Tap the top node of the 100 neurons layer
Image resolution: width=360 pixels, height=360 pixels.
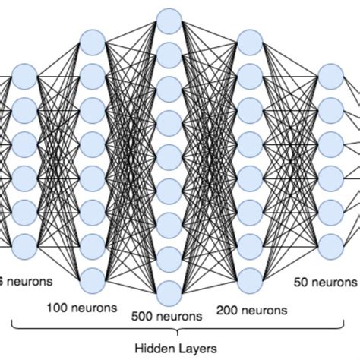pos(92,42)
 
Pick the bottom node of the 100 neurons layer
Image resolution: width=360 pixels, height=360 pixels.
pos(92,277)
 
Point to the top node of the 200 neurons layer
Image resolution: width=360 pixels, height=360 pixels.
pos(249,42)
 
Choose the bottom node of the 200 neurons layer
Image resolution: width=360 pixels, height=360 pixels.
pos(249,277)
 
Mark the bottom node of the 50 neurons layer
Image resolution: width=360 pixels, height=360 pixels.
pos(330,245)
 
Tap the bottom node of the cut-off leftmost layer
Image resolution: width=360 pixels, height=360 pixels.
pos(24,245)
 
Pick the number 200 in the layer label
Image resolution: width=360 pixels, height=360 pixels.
pos(227,309)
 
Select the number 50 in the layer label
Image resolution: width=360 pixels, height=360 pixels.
pos(302,281)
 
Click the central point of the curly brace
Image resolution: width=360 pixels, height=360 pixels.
pos(176,332)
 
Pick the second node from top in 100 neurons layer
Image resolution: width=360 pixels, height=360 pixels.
pos(92,76)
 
